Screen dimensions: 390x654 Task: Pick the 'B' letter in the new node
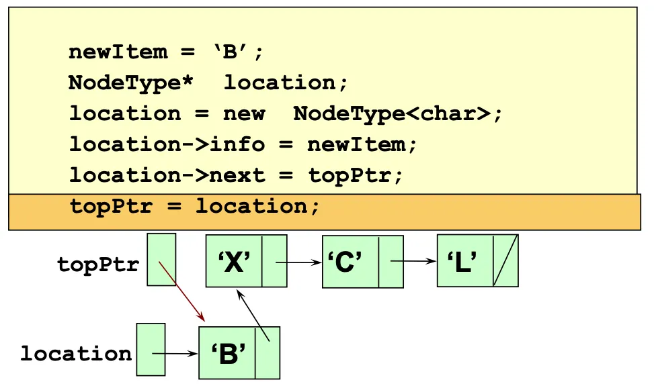(x=227, y=354)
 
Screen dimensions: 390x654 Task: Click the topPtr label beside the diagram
(x=98, y=264)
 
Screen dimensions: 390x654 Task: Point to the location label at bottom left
(x=76, y=354)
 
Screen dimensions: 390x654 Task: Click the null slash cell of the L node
(x=505, y=260)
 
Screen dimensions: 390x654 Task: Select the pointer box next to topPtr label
(x=161, y=259)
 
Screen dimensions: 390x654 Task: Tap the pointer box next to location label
(x=151, y=349)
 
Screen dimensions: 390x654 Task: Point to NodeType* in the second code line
(x=125, y=83)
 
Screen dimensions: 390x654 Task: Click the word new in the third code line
(x=244, y=113)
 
